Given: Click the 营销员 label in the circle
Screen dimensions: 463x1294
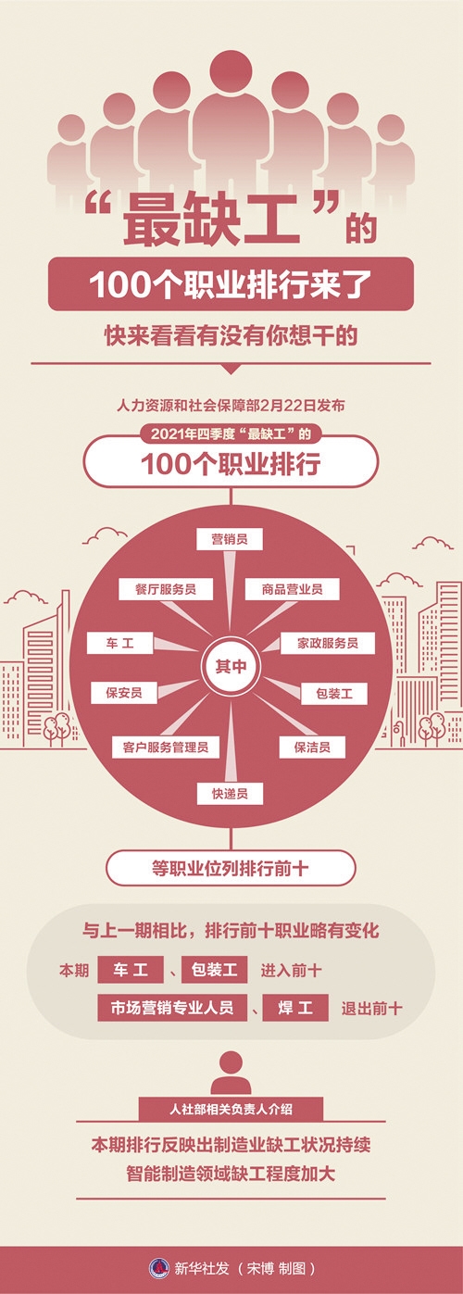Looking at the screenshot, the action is coord(230,539).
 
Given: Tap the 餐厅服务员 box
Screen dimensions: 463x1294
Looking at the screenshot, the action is coord(166,589).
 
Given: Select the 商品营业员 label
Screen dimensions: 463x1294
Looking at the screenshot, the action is coord(292,589).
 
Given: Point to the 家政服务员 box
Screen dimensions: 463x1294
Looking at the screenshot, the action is coord(327,643).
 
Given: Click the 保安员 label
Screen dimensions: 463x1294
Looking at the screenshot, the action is coord(123,693).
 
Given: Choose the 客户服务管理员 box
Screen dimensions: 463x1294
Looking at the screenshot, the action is coord(166,747).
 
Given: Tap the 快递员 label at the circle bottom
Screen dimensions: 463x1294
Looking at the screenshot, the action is coord(230,794).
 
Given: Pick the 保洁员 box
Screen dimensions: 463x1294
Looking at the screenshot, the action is coord(312,747).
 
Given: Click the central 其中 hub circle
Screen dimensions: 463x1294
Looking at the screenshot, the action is coord(231,667).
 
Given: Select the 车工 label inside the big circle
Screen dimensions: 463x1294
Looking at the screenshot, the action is coord(119,643).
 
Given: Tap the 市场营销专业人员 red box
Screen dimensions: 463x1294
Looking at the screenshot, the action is coord(172,1008).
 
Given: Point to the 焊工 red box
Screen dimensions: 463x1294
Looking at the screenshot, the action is coord(295,1008).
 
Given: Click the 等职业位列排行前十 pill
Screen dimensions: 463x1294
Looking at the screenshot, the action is coord(231,868).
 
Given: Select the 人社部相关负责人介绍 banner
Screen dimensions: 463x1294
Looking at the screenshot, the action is coord(231,1109).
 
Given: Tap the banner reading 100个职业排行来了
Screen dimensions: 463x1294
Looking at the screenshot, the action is coord(231,284).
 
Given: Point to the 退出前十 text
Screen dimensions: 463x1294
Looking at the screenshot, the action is coord(371,1009).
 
